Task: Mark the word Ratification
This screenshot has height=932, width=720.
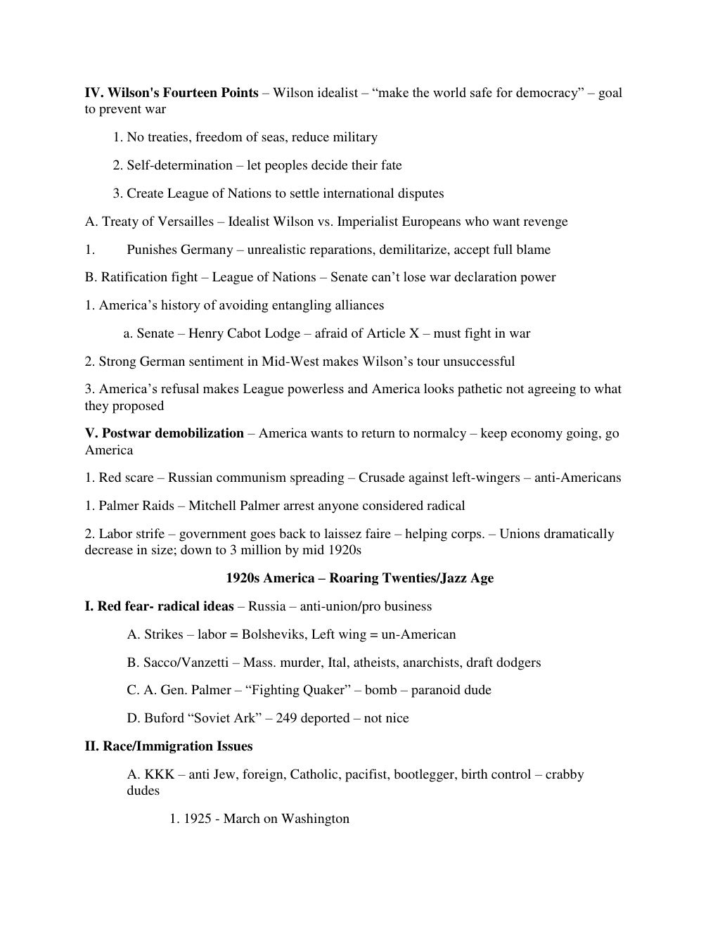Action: tap(134, 277)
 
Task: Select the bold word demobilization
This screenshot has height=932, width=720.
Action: tap(198, 433)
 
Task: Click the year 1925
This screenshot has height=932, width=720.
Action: tap(198, 819)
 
